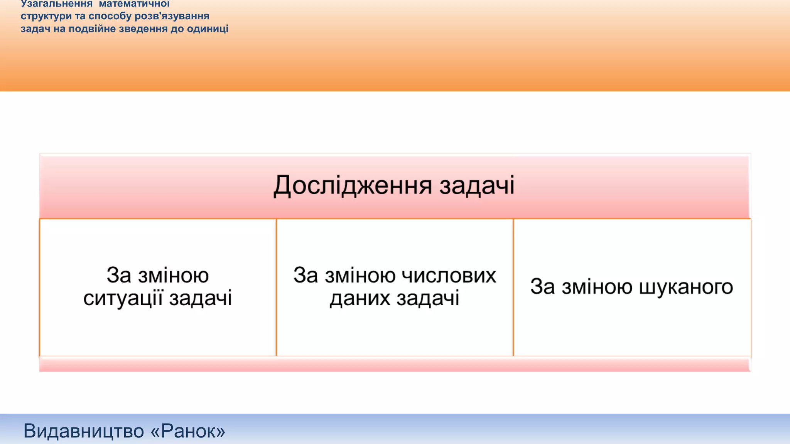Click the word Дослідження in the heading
pyautogui.click(x=353, y=186)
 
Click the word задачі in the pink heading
pyautogui.click(x=477, y=186)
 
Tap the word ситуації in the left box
pyautogui.click(x=122, y=298)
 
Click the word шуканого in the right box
pyautogui.click(x=686, y=287)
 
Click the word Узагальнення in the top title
pyautogui.click(x=57, y=4)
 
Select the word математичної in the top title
pyautogui.click(x=134, y=4)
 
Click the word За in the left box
pyautogui.click(x=118, y=275)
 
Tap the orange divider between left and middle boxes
pyautogui.click(x=276, y=287)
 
